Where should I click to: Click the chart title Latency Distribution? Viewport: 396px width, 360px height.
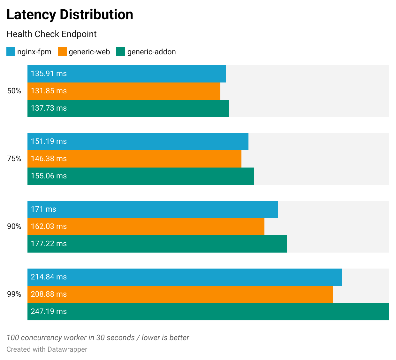tap(70, 15)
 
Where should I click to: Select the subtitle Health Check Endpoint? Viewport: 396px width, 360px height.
tap(51, 34)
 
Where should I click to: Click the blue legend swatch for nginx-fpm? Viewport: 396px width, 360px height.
tap(11, 52)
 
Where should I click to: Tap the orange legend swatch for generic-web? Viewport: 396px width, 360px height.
tap(63, 52)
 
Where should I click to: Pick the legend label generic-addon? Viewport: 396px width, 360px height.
tap(151, 52)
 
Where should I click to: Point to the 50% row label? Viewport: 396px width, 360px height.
tap(14, 91)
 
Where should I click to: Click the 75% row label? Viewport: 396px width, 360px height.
tap(14, 159)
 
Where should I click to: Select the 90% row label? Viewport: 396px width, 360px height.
tap(14, 227)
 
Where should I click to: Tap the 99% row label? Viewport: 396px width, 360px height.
tap(14, 294)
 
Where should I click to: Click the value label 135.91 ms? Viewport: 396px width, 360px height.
tap(49, 74)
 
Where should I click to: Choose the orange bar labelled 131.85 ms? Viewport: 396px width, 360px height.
tap(124, 91)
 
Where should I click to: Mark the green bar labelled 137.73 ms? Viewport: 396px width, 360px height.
tap(128, 108)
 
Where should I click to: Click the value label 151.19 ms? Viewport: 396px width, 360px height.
tap(49, 142)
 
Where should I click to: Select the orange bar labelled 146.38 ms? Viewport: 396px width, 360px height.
tap(134, 159)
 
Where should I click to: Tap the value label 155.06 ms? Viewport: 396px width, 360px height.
tap(49, 176)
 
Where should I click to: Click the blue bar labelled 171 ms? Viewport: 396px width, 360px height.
tap(153, 209)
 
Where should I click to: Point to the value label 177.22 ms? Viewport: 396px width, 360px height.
tap(49, 244)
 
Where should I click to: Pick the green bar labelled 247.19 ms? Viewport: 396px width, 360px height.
tap(208, 312)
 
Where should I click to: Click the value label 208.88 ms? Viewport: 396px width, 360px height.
tap(49, 294)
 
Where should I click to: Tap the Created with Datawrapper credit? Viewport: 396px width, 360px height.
tap(47, 349)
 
